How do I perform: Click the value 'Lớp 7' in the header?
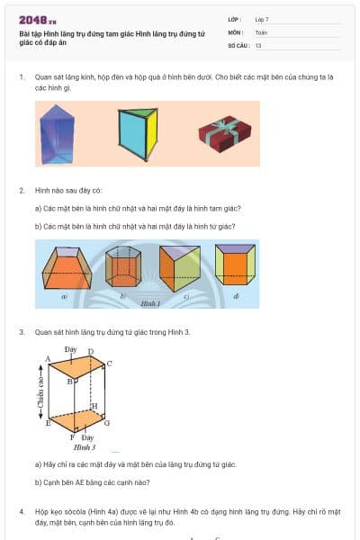262,19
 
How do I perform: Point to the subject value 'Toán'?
261,31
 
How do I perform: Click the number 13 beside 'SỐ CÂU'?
258,44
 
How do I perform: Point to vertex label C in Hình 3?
110,364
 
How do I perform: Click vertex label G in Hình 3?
107,422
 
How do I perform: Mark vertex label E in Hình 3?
48,422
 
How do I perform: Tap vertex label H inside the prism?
94,406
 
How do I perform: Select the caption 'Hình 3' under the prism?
85,446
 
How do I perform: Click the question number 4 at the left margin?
22,511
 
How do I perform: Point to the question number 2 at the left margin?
22,191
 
